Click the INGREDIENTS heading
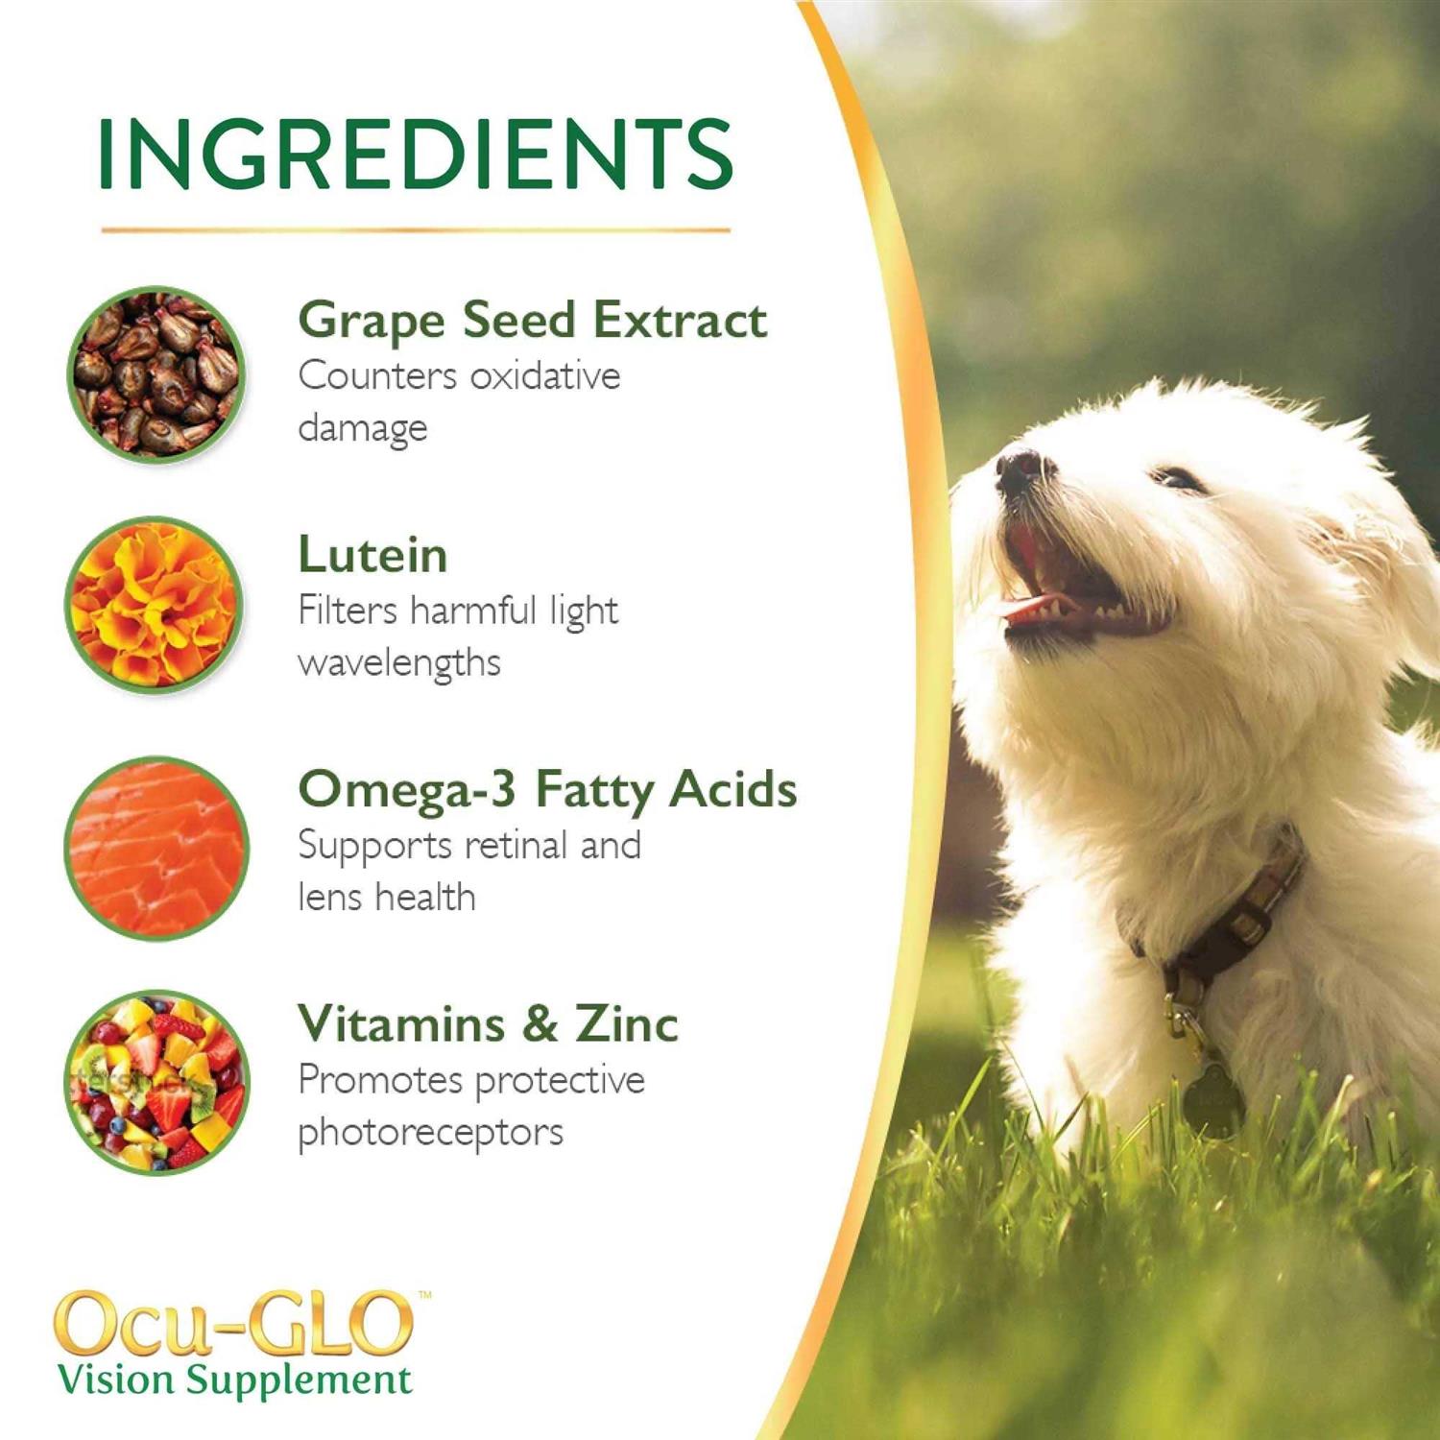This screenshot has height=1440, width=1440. (415, 154)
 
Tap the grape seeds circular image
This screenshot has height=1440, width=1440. (156, 373)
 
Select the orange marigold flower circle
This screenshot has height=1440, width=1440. (155, 606)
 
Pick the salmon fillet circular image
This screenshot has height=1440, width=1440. (156, 848)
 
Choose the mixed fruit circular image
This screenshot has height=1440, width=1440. (156, 1082)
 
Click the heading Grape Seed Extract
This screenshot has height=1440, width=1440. (532, 321)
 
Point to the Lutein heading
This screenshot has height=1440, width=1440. (372, 555)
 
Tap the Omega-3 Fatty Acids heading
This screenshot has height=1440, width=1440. (547, 790)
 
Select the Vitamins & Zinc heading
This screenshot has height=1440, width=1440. (488, 1023)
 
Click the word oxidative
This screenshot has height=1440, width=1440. (544, 376)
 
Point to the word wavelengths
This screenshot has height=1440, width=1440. (399, 663)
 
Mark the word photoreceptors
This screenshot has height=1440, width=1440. (430, 1133)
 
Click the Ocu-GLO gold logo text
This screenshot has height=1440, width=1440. (233, 1324)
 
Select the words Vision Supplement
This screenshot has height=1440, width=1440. (234, 1380)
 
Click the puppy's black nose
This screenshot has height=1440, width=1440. (1020, 468)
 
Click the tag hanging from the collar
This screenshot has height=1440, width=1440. (1212, 1100)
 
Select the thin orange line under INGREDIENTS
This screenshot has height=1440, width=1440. (415, 230)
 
